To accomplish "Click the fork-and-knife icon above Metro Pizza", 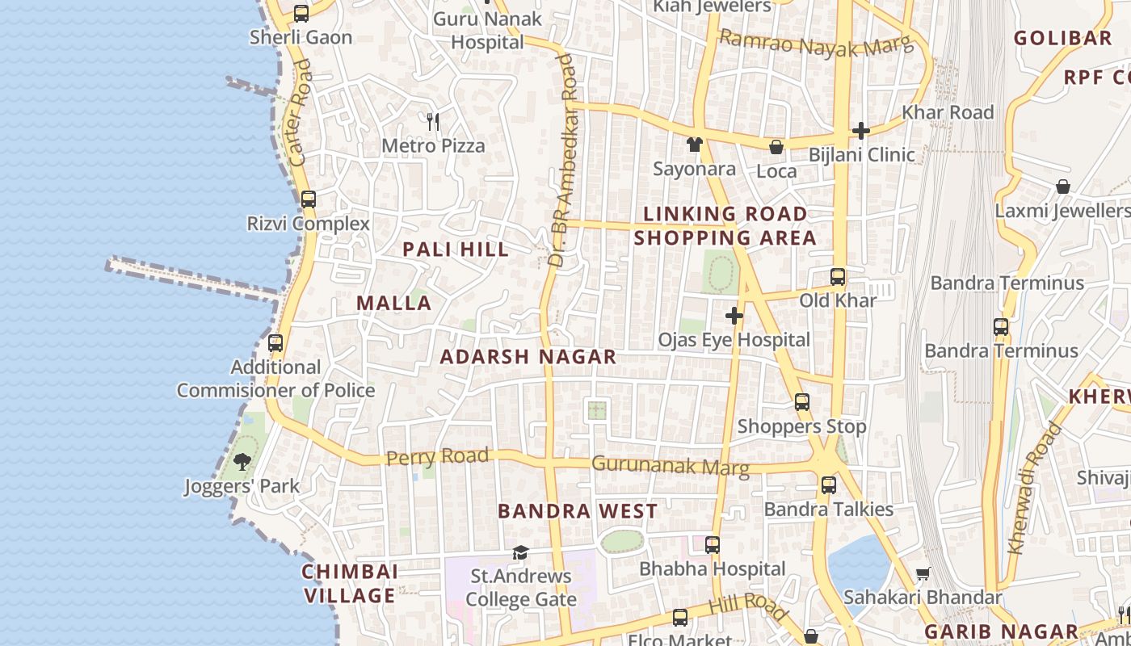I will pos(433,122).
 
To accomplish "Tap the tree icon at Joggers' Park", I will pos(242,462).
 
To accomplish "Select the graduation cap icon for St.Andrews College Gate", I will pos(520,553).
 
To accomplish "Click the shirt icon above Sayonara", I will pos(694,145).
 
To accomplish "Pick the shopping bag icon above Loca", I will pos(776,147).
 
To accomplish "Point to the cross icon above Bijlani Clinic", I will pos(861,131).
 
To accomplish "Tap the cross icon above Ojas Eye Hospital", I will pos(734,316).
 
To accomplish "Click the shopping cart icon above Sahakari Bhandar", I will pos(923,573).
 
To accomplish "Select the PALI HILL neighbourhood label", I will pos(456,250).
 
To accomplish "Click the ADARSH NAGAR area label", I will pos(528,357).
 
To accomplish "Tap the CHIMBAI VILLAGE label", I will pos(350,584).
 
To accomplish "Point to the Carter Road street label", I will pos(299,113).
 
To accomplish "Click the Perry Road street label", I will pos(437,457).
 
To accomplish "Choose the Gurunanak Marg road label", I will pos(671,466).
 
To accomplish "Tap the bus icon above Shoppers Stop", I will pos(801,402).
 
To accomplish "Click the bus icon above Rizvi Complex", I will pos(308,199).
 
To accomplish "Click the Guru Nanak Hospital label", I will pos(487,30).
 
